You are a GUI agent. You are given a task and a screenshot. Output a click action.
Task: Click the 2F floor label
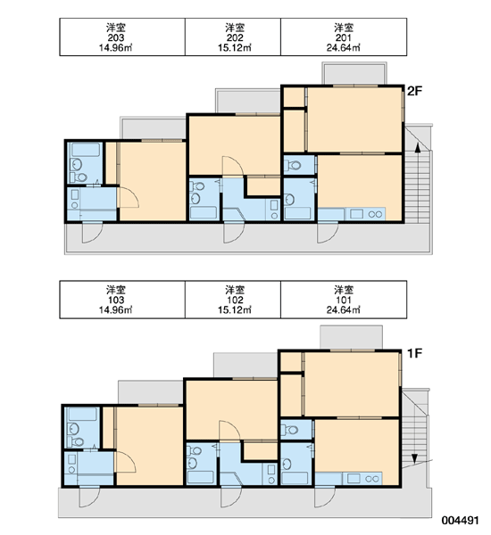tap(415, 91)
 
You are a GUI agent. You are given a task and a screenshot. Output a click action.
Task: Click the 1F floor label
tap(414, 353)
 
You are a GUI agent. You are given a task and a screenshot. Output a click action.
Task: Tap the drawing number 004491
tap(460, 521)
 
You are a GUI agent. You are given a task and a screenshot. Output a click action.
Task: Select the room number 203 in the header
tap(116, 37)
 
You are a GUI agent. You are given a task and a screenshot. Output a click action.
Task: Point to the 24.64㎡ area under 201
tap(343, 47)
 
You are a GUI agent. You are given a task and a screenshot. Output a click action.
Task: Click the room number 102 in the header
tap(235, 300)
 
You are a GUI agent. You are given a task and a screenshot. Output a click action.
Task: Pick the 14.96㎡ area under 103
tap(116, 309)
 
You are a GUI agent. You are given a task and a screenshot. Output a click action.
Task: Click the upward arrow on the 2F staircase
tap(417, 150)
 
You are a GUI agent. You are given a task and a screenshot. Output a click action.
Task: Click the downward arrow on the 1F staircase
tap(414, 457)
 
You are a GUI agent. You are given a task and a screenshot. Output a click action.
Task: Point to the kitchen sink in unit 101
tap(354, 478)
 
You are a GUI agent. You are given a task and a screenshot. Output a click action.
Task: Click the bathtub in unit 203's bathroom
tap(86, 149)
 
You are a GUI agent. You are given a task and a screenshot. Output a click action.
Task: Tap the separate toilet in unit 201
tap(293, 166)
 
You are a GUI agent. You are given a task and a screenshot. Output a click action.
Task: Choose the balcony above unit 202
tap(247, 102)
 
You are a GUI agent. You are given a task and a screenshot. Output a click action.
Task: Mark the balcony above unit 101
tap(351, 337)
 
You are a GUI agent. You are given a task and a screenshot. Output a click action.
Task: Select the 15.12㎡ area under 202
tap(235, 47)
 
